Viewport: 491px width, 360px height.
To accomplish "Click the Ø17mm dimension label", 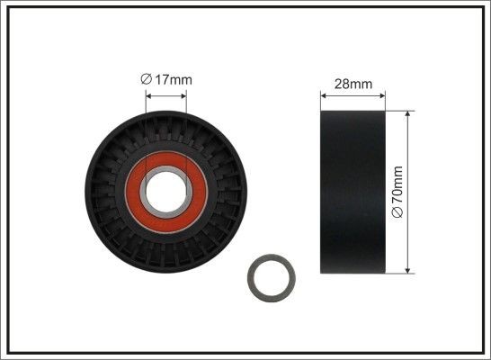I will point(166,80).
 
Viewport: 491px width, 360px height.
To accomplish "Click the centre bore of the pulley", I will point(165,190).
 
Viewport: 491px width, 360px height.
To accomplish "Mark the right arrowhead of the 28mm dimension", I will point(381,94).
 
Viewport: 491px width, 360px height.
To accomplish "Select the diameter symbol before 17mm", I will point(146,80).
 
